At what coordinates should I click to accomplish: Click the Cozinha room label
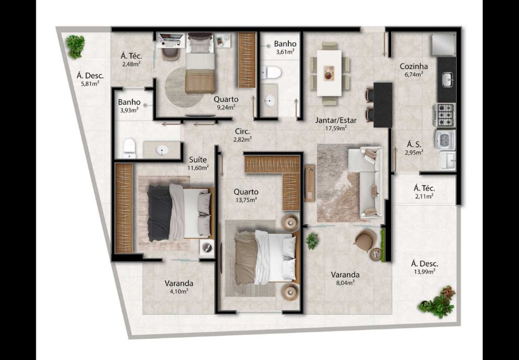[x=414, y=66]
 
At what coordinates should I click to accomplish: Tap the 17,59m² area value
[x=336, y=128]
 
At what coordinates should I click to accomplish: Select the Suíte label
[x=198, y=160]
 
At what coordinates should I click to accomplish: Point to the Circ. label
[x=242, y=131]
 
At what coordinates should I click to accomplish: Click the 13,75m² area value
[x=246, y=200]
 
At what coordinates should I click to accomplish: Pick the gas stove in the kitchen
[x=445, y=115]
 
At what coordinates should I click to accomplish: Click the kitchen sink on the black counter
[x=447, y=80]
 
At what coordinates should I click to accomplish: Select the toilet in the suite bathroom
[x=129, y=148]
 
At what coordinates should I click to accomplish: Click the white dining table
[x=329, y=73]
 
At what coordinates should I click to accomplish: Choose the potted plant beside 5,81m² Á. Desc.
[x=75, y=46]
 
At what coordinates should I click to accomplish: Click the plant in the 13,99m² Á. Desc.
[x=438, y=302]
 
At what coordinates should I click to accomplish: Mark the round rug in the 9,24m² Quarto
[x=181, y=87]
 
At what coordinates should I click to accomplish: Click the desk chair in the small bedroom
[x=170, y=53]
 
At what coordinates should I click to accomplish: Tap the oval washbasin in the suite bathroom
[x=162, y=150]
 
